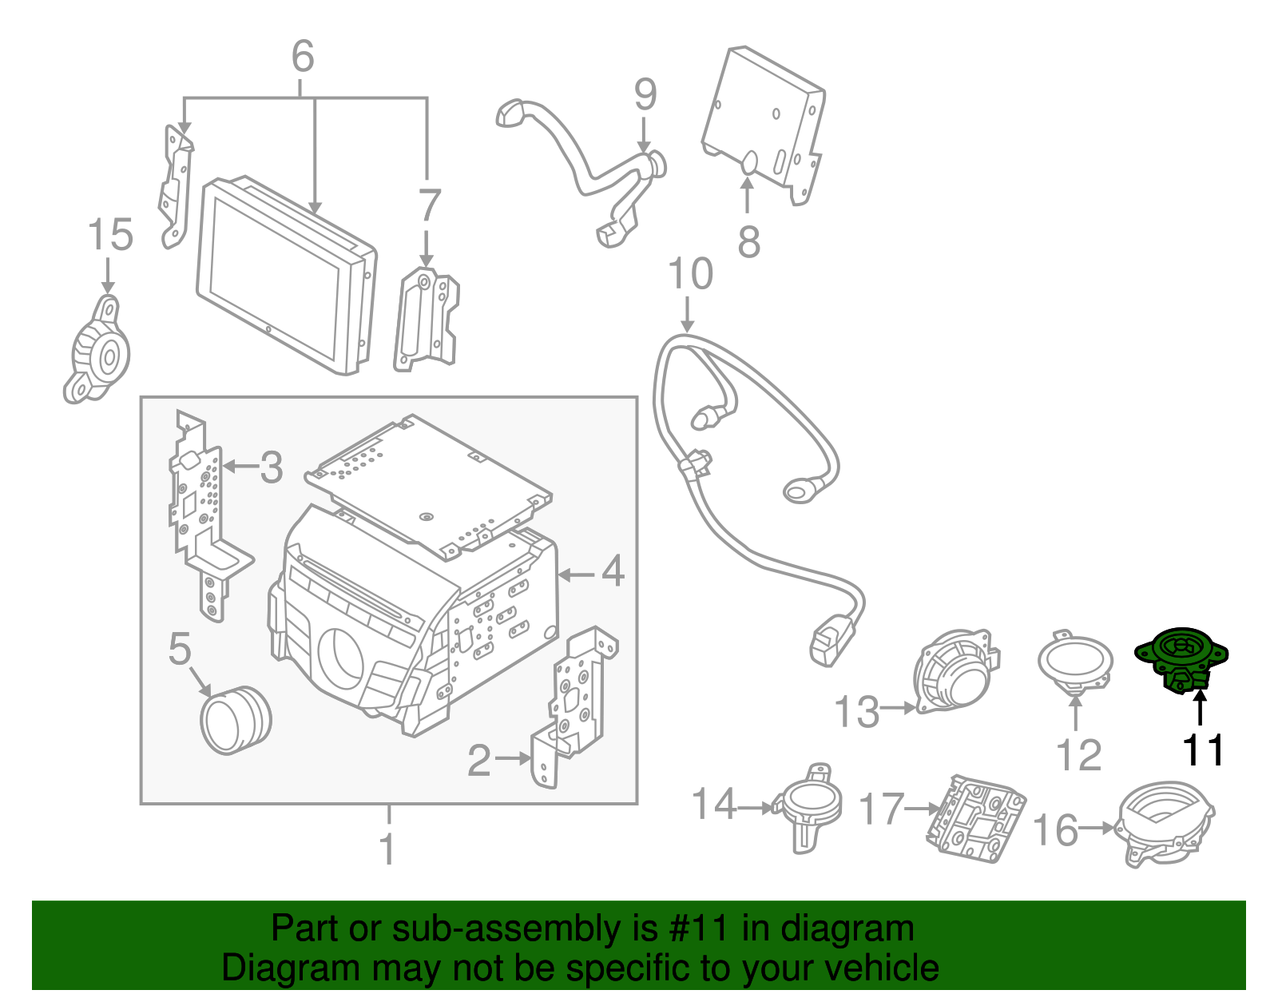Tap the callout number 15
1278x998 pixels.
pos(110,236)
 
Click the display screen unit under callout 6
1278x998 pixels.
pos(284,276)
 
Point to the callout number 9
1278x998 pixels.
pos(645,94)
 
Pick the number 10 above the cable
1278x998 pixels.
pos(690,274)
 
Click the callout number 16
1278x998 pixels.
pos(1055,830)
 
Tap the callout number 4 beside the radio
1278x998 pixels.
pos(613,571)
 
